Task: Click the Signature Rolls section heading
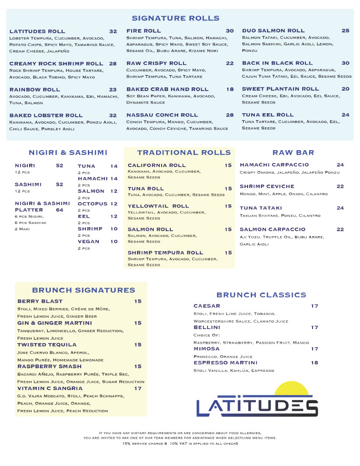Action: point(176,18)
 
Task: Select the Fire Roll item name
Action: point(143,31)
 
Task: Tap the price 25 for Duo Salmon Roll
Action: point(345,30)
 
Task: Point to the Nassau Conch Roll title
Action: point(162,115)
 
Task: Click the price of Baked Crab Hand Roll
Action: point(230,89)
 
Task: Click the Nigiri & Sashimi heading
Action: point(68,152)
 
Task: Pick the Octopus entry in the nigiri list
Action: point(92,204)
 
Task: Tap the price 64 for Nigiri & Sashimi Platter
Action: point(60,210)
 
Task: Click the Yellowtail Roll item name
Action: point(158,206)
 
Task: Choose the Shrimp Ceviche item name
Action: point(267,186)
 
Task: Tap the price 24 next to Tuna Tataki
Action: point(340,208)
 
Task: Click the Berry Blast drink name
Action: point(40,301)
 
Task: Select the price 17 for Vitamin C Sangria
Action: point(138,388)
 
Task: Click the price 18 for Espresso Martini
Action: point(314,363)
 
